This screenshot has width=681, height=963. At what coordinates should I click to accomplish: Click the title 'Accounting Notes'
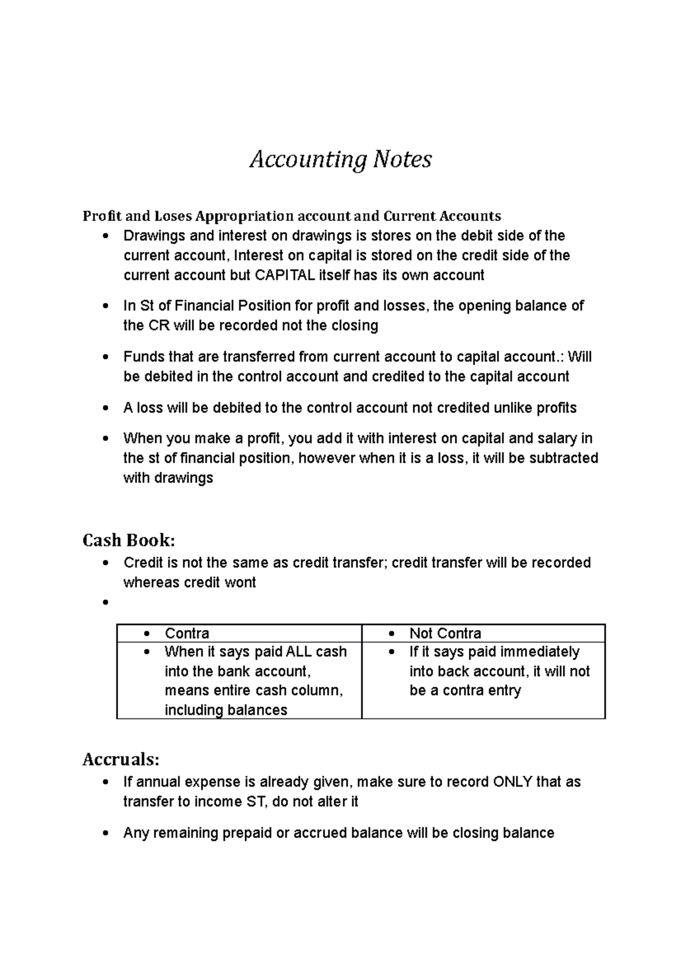coord(340,159)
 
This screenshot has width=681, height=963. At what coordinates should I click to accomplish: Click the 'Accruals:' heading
coord(121,759)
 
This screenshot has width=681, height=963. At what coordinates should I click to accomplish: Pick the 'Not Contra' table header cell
coord(445,633)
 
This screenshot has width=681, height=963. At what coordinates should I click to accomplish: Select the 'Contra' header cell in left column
coord(187,633)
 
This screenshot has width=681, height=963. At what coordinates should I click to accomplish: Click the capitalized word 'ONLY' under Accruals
coord(512,782)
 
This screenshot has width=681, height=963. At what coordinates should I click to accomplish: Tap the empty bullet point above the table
coord(105,603)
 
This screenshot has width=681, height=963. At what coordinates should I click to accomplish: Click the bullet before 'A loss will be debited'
coord(105,408)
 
